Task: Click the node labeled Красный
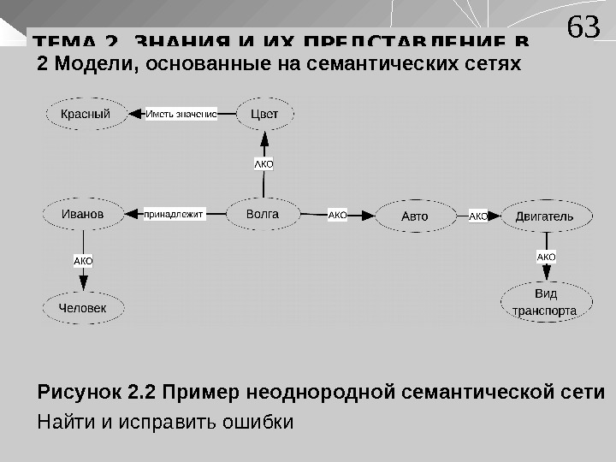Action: pyautogui.click(x=85, y=114)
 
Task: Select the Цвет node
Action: pyautogui.click(x=265, y=114)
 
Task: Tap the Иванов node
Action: pyautogui.click(x=83, y=214)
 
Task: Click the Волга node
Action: pyautogui.click(x=263, y=214)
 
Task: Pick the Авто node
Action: pyautogui.click(x=415, y=216)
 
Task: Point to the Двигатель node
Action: pyautogui.click(x=544, y=216)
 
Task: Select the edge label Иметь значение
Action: pyautogui.click(x=181, y=114)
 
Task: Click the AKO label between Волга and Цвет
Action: pyautogui.click(x=264, y=163)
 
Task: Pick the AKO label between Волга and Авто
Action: pyautogui.click(x=338, y=216)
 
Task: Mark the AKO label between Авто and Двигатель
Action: pyautogui.click(x=477, y=216)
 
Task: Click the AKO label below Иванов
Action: pyautogui.click(x=83, y=260)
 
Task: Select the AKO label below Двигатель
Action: pyautogui.click(x=546, y=257)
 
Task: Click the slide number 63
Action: pyautogui.click(x=583, y=27)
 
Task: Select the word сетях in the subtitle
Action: pyautogui.click(x=495, y=64)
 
